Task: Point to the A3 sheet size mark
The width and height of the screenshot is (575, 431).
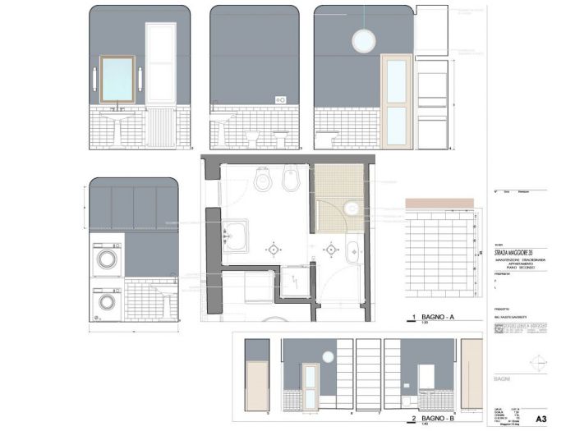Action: pos(540,418)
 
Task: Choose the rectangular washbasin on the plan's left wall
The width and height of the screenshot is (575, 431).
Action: pos(236,234)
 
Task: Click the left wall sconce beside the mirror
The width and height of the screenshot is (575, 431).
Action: pos(96,78)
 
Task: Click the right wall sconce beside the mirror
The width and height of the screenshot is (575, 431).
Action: pos(140,78)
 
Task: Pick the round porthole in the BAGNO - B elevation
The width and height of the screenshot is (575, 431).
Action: pos(327,356)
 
